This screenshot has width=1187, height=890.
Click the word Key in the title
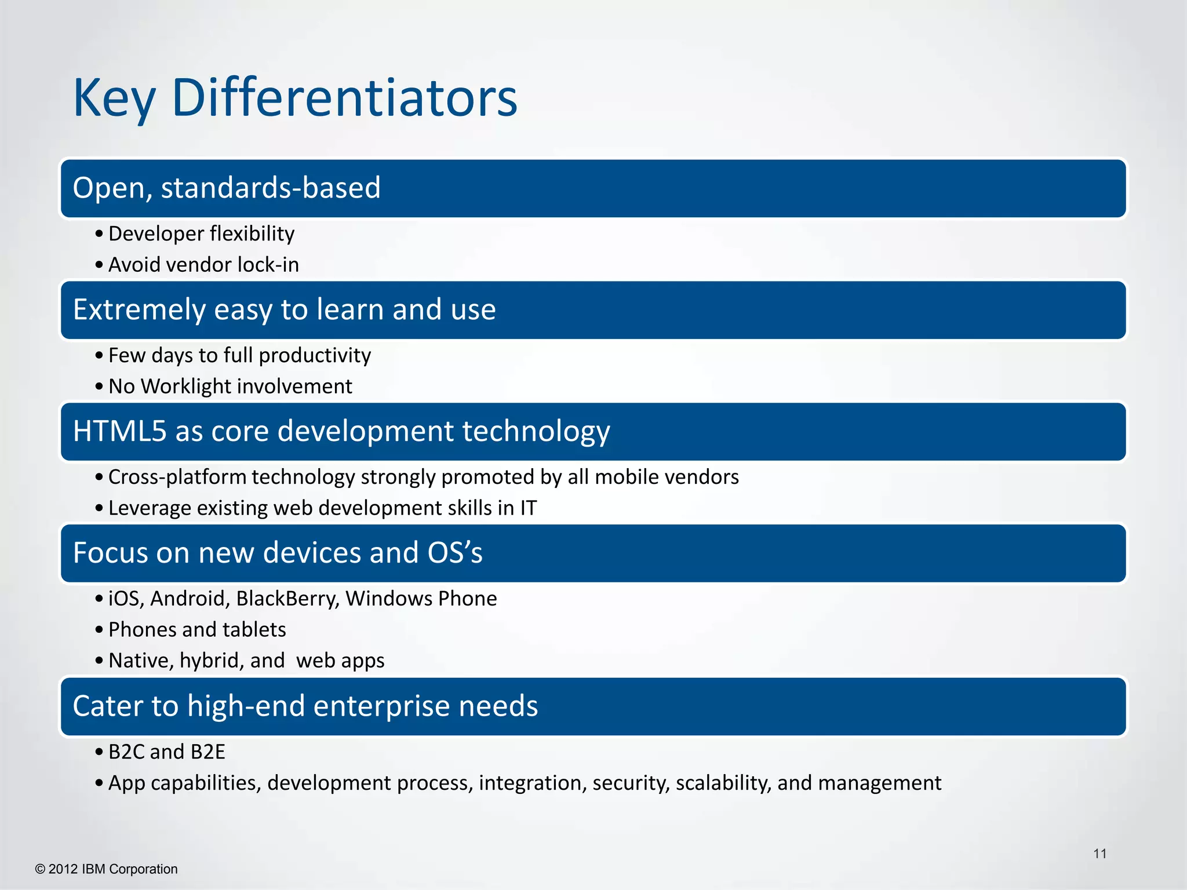point(114,99)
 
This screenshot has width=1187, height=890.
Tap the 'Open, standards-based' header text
point(227,188)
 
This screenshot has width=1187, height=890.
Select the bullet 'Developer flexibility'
point(201,234)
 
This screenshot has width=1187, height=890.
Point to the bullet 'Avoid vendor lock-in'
point(203,265)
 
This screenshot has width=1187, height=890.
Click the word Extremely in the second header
point(139,310)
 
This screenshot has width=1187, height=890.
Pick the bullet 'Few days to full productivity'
point(239,355)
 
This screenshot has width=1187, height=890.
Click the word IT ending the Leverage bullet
point(528,508)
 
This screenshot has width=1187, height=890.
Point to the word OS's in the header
point(454,553)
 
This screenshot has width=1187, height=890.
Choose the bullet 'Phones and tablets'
point(197,630)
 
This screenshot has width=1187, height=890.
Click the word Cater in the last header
point(108,706)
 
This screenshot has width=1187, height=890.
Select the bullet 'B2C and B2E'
point(166,752)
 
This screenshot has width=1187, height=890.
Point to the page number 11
point(1099,853)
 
